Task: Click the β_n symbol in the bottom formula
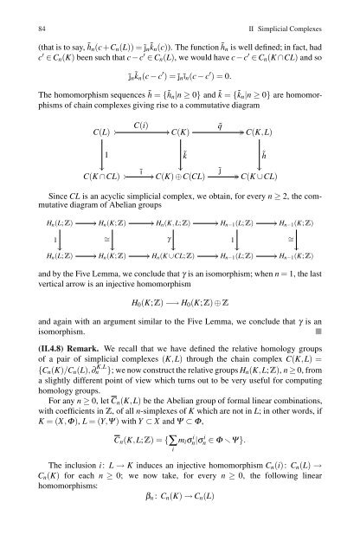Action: point(152,544)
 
